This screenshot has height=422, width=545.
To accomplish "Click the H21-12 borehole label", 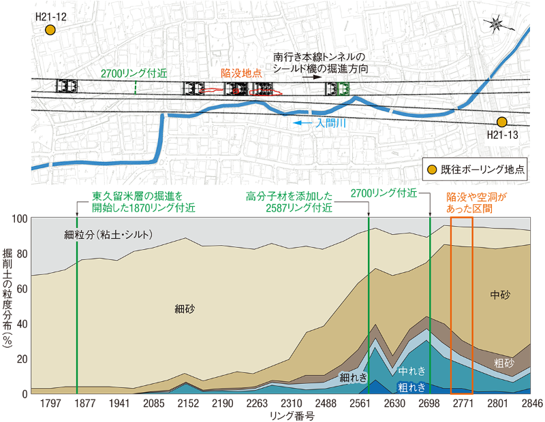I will click(x=51, y=15).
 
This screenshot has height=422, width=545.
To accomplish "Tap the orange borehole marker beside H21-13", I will click(x=502, y=122).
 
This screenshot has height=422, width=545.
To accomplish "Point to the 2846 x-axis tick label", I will click(x=531, y=404).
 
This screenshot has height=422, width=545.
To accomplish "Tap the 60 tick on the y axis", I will click(x=21, y=289).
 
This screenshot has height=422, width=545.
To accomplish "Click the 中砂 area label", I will click(x=500, y=295).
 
